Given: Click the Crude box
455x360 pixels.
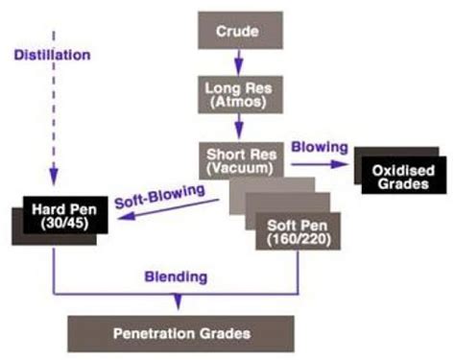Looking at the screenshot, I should pyautogui.click(x=238, y=31).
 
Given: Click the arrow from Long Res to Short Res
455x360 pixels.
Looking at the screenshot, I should pyautogui.click(x=238, y=128).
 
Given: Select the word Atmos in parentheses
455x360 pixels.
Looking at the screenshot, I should pyautogui.click(x=238, y=103).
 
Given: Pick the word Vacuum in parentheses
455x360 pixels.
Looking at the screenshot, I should pyautogui.click(x=238, y=168).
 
